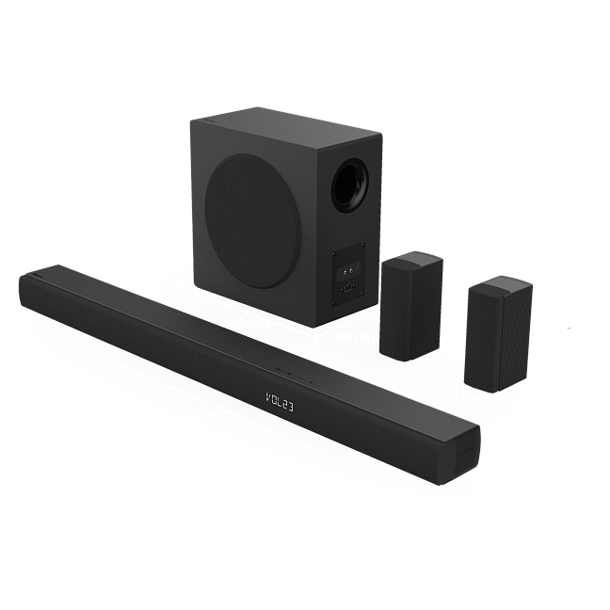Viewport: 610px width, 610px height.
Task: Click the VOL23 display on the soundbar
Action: tap(280, 402)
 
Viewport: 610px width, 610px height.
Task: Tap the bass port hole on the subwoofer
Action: tap(350, 186)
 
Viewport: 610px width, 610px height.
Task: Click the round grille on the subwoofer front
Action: tap(253, 221)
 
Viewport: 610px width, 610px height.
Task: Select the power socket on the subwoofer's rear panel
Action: tap(347, 288)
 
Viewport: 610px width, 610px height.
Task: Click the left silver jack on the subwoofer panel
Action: tap(345, 271)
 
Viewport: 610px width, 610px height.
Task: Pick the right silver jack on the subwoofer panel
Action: tap(351, 269)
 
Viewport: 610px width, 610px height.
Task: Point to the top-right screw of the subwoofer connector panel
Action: tap(363, 245)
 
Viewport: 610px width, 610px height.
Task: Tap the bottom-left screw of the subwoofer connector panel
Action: tap(334, 303)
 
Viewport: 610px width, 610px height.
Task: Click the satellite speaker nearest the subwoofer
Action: tap(411, 306)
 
